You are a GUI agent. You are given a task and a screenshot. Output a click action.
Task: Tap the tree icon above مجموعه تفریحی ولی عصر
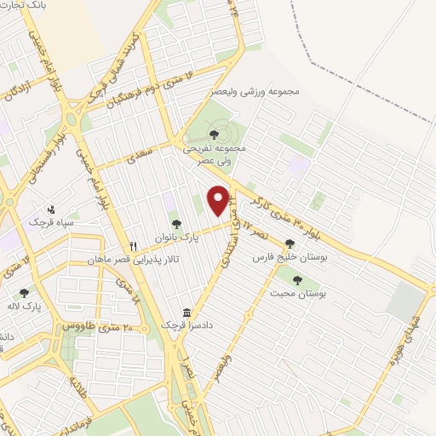(214, 133)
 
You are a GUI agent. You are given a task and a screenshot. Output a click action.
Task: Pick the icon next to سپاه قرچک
(52, 208)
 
